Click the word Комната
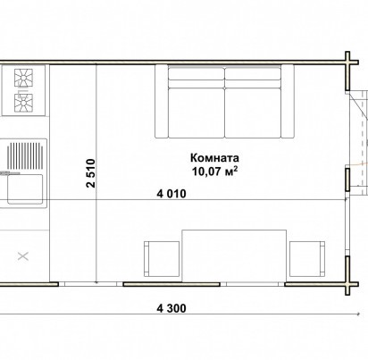[x=214, y=158]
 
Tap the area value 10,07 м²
[x=214, y=172]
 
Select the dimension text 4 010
[x=171, y=194]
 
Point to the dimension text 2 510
[x=91, y=173]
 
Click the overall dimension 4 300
[x=171, y=308]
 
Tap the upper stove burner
[x=23, y=78]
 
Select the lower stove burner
[x=23, y=103]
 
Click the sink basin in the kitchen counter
[x=25, y=189]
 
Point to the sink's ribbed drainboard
[x=26, y=155]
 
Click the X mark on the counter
[x=23, y=256]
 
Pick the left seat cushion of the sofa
[x=197, y=113]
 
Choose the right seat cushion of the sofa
[x=253, y=113]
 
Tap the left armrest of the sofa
[x=162, y=101]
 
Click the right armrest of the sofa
[x=288, y=101]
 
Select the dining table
[x=234, y=255]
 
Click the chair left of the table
[x=162, y=259]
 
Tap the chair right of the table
[x=307, y=259]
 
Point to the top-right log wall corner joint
[x=347, y=63]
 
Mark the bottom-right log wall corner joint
[x=347, y=284]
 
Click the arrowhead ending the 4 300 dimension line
[x=359, y=314]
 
